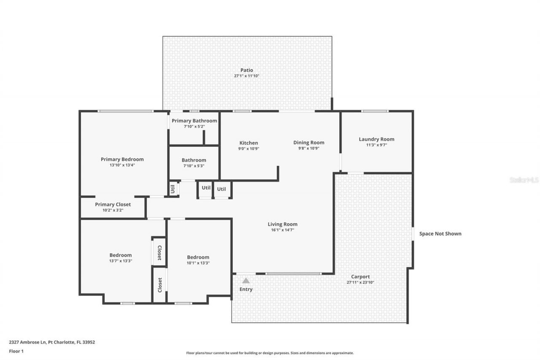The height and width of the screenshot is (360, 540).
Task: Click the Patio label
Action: [x=247, y=70]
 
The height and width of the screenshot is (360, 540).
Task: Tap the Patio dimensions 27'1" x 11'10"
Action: [x=247, y=76]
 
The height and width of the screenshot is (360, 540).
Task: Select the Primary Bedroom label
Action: [x=122, y=159]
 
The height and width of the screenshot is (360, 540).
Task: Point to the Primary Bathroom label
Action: [x=194, y=121]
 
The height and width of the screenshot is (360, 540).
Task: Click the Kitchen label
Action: [x=248, y=143]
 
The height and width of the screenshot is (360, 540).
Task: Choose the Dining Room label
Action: [x=309, y=142]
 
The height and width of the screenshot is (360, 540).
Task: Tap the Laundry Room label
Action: [x=376, y=139]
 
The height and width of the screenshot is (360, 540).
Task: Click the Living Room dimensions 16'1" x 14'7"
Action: [x=282, y=230]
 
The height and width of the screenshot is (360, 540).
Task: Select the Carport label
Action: [x=360, y=277]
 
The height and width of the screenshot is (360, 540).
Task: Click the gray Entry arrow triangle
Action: [x=246, y=280]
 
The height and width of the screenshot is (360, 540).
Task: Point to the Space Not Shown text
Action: [x=440, y=233]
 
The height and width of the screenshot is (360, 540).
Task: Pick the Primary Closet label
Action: [x=113, y=204]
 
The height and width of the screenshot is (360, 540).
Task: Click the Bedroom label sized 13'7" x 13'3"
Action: [x=120, y=255]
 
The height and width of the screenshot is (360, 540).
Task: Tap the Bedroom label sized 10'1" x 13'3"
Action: [x=198, y=257]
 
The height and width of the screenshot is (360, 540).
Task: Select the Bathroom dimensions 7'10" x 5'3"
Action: [x=194, y=166]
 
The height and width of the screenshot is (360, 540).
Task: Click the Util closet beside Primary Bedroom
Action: [x=173, y=189]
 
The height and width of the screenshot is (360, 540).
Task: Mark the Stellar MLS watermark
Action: [x=524, y=180]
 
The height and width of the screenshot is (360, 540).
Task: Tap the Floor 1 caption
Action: [x=16, y=351]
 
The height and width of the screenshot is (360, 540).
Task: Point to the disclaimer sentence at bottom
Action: [x=270, y=353]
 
